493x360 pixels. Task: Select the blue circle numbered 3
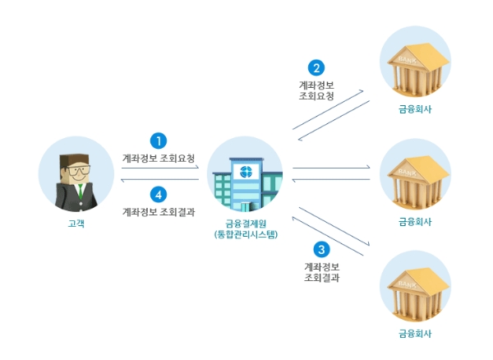pyautogui.click(x=321, y=249)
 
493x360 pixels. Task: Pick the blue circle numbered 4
pyautogui.click(x=160, y=195)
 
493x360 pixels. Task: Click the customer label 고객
pyautogui.click(x=76, y=223)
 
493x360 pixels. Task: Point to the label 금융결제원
pyautogui.click(x=244, y=223)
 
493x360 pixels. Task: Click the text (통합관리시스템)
pyautogui.click(x=244, y=234)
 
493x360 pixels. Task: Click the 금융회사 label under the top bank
pyautogui.click(x=414, y=108)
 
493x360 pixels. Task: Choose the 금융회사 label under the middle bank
pyautogui.click(x=414, y=221)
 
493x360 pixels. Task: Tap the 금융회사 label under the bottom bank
pyautogui.click(x=414, y=333)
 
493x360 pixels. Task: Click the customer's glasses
pyautogui.click(x=77, y=169)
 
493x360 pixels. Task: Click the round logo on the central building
pyautogui.click(x=244, y=172)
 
